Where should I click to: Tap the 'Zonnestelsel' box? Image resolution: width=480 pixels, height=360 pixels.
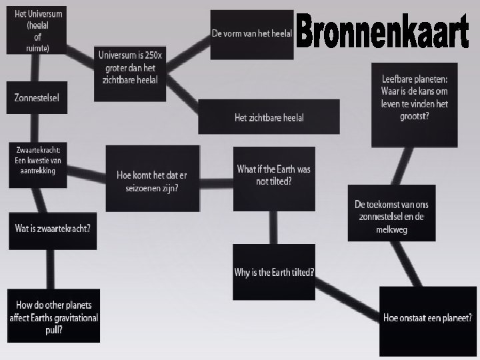(x=37, y=98)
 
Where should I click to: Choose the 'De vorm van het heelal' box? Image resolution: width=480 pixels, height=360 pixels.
(x=251, y=33)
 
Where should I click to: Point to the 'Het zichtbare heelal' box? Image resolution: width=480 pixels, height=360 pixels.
(x=269, y=117)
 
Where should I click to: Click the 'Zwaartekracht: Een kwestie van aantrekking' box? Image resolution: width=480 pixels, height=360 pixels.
(x=37, y=161)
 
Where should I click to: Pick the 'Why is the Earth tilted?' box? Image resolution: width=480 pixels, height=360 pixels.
(x=274, y=272)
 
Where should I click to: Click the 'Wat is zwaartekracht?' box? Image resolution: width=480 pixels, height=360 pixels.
(x=53, y=229)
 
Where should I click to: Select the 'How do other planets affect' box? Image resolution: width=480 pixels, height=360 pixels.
(x=53, y=317)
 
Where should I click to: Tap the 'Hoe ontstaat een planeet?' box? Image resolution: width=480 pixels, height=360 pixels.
(x=427, y=318)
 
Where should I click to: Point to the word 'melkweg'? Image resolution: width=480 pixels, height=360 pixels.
(x=391, y=229)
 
